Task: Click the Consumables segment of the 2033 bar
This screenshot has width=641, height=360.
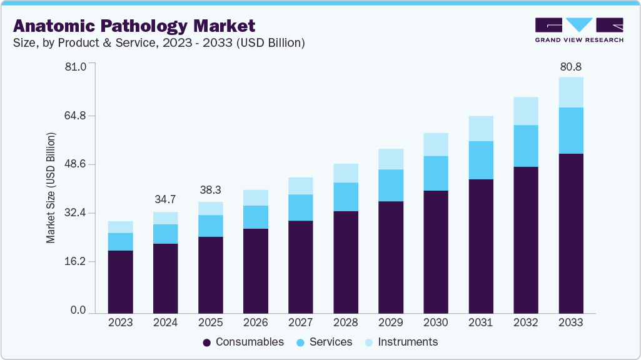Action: (571, 232)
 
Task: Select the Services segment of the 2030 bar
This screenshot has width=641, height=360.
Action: (436, 173)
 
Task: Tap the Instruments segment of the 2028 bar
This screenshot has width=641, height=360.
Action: (346, 173)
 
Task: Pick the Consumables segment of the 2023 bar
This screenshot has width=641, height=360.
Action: (120, 281)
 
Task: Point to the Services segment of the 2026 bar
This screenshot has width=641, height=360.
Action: (256, 217)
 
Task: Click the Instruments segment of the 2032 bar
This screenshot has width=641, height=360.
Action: (526, 111)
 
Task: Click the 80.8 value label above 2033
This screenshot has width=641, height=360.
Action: (571, 66)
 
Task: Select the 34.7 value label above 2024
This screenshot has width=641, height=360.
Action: (165, 199)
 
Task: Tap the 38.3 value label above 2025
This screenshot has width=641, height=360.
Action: (210, 189)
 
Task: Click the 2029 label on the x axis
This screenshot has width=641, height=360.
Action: (391, 323)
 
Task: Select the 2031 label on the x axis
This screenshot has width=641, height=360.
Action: (481, 323)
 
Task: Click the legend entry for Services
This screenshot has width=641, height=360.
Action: (326, 342)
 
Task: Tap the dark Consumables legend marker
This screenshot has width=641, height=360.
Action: (207, 342)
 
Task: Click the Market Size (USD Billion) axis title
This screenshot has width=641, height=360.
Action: (51, 187)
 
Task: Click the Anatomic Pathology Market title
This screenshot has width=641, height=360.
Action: (134, 26)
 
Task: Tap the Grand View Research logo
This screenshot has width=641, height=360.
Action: (579, 30)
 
